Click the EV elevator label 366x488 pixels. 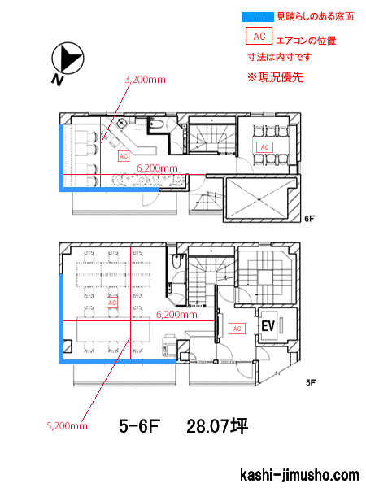(x=268, y=326)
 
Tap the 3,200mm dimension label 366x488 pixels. (x=145, y=80)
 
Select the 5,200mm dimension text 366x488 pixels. (x=67, y=425)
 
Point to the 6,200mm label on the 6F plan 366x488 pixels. (x=157, y=168)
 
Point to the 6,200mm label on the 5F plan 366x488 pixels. (x=176, y=315)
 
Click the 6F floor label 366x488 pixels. (x=309, y=219)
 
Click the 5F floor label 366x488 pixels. (x=311, y=382)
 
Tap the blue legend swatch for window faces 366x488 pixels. (x=258, y=17)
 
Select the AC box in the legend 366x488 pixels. (x=259, y=36)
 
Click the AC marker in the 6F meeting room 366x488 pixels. (x=264, y=147)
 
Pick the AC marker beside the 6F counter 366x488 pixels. (x=124, y=156)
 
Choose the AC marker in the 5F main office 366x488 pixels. (x=112, y=303)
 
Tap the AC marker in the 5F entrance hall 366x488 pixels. (x=237, y=329)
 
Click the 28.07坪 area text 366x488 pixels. (x=217, y=426)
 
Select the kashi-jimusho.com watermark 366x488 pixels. (x=299, y=475)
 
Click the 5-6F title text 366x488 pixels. (x=139, y=426)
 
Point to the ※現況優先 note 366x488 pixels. (x=275, y=77)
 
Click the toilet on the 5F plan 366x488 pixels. (x=176, y=261)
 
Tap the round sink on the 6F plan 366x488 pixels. (x=121, y=124)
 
